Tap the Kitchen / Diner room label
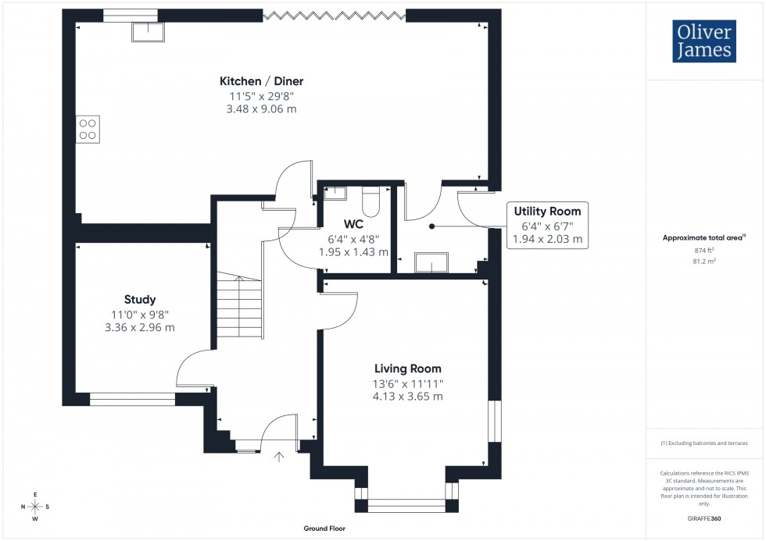tap(261, 81)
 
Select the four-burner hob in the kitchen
tap(88, 128)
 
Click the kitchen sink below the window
tap(149, 31)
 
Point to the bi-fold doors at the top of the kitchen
tap(335, 14)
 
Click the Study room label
tap(140, 299)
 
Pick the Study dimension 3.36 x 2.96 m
tap(140, 327)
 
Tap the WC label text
tap(353, 224)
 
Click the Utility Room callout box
tap(547, 225)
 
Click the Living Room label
tap(407, 368)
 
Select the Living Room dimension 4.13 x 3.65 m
tap(407, 397)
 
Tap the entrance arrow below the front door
tap(279, 456)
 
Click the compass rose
tap(35, 507)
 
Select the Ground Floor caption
tap(324, 529)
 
